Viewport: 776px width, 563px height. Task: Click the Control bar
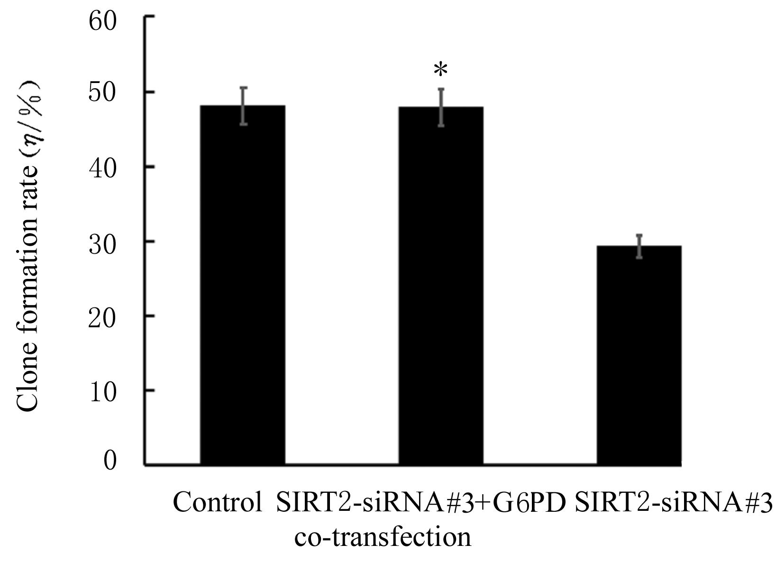[x=242, y=285]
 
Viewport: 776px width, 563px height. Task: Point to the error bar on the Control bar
[x=243, y=106]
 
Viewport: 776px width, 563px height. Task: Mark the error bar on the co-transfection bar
[x=441, y=107]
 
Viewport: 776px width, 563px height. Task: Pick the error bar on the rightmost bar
[x=639, y=246]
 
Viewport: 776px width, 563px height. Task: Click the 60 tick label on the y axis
[x=102, y=22]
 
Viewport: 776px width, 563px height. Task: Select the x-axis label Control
[x=217, y=503]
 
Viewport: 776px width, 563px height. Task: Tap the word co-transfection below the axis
[x=383, y=537]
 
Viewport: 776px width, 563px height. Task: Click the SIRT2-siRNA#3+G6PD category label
[x=421, y=503]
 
